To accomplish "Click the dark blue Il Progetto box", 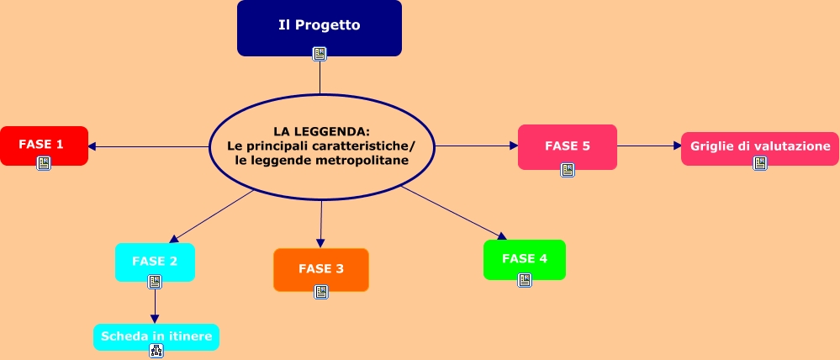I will pos(320,25).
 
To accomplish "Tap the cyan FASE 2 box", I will pos(155,260).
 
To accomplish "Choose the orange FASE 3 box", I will pos(321,268).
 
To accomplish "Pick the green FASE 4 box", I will pos(525,257).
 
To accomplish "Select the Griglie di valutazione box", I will pos(760,146).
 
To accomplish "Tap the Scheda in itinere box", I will pos(156,336).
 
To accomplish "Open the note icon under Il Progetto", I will pos(320,54).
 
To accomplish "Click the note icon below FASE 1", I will pos(44,163).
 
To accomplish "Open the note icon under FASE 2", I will pos(155,282).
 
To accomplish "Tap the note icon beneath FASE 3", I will pos(321,292).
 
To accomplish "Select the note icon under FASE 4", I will pos(525,280).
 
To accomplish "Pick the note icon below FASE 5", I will pos(568,170).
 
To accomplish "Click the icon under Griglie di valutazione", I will pos(760,163).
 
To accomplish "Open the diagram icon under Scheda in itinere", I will pos(156,351).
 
